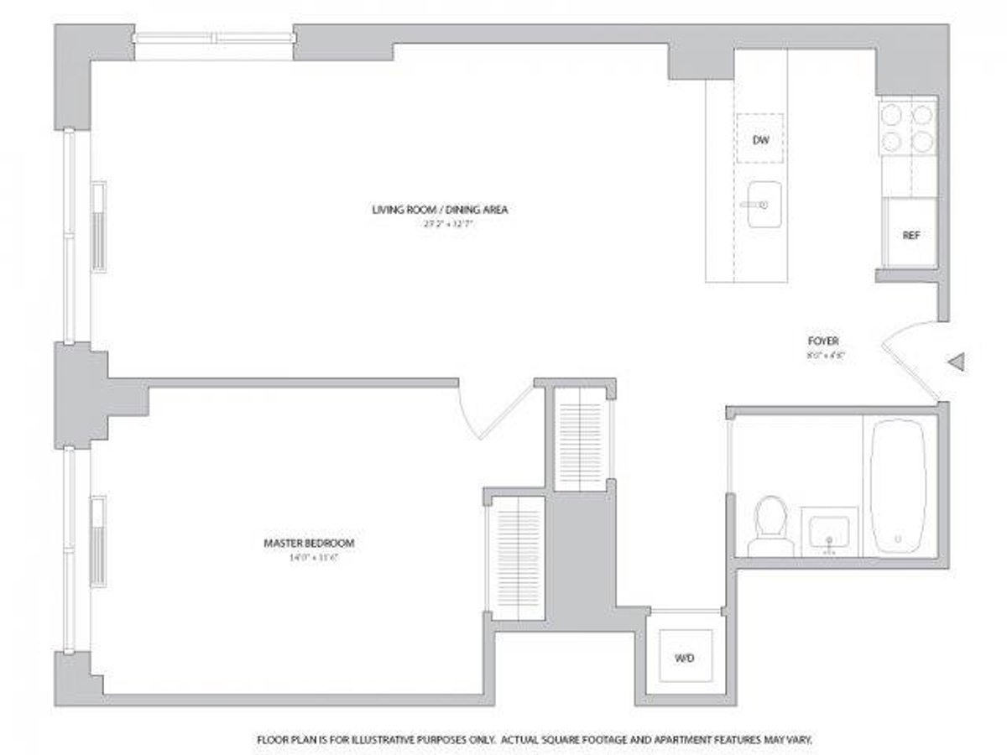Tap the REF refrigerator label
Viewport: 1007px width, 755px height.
click(x=911, y=236)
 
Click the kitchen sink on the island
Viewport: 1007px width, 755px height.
click(x=763, y=204)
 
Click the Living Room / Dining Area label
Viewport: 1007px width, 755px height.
click(x=441, y=210)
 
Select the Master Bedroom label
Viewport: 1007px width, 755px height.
click(x=309, y=544)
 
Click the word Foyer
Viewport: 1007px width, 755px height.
click(x=824, y=341)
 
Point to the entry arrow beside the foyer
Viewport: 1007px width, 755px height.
click(x=957, y=362)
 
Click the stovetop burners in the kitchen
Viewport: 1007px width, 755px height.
click(x=908, y=127)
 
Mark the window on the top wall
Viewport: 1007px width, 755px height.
click(x=215, y=37)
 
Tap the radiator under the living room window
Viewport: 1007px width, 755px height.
click(x=99, y=226)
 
